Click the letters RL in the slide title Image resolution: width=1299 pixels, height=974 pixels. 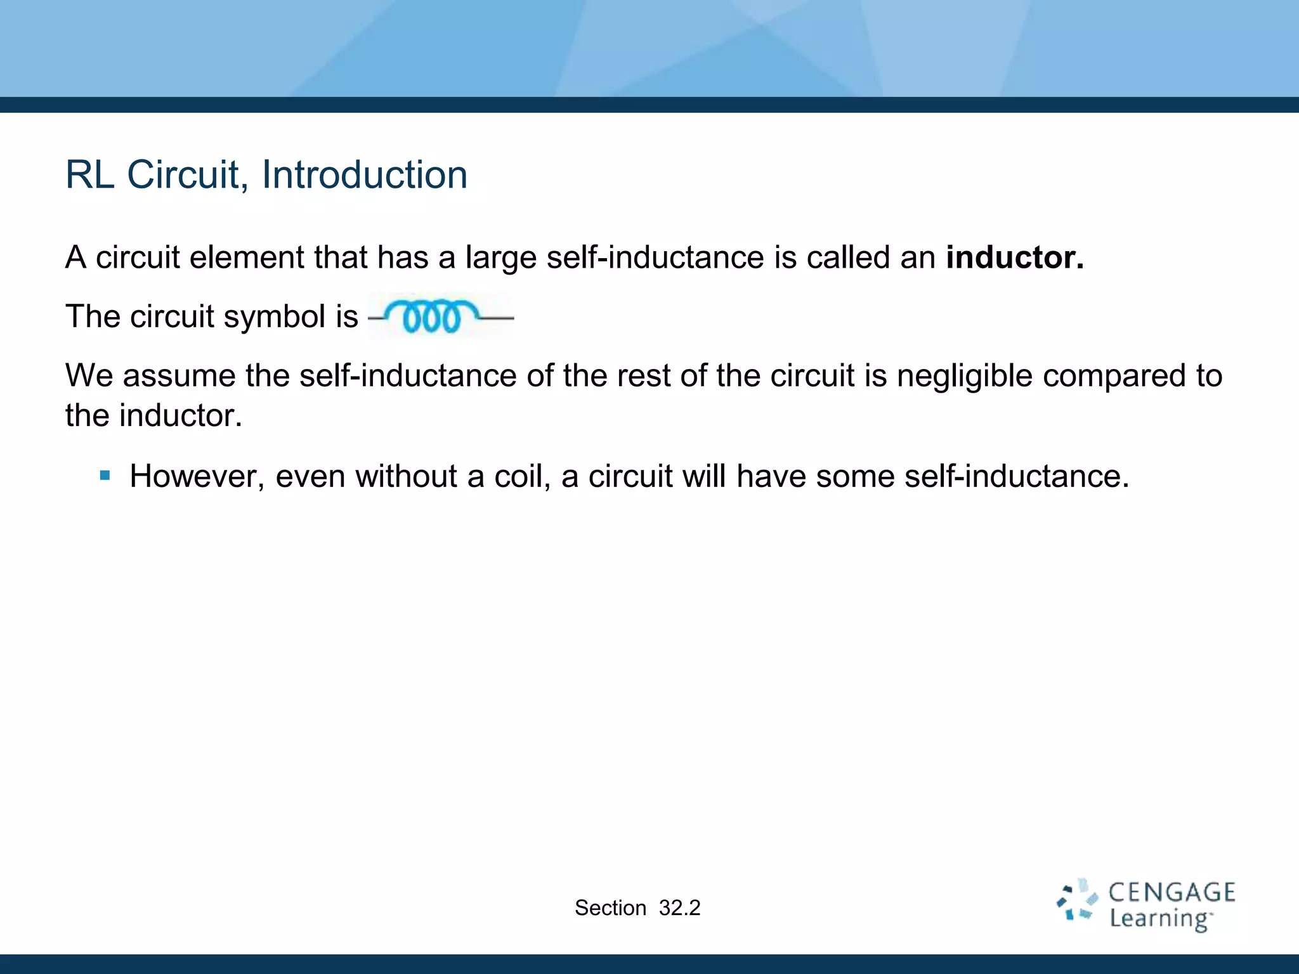coord(89,175)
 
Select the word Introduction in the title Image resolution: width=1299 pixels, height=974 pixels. coord(364,175)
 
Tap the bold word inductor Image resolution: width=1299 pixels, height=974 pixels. coord(1014,257)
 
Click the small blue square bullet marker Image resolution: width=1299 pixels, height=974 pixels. coord(105,475)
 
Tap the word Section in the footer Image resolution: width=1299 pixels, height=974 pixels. coord(610,908)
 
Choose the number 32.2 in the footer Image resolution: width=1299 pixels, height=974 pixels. coord(679,908)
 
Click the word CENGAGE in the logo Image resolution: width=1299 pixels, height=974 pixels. coord(1172,893)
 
